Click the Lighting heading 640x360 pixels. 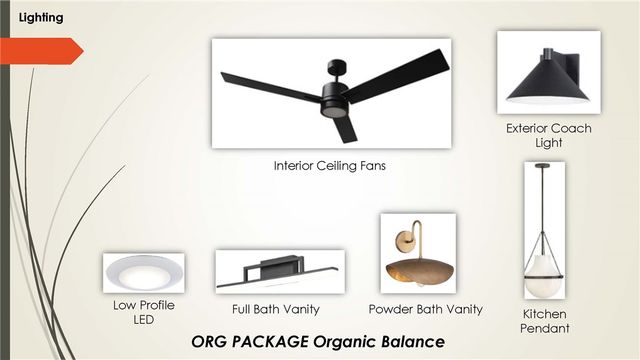pyautogui.click(x=41, y=18)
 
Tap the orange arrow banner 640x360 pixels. pyautogui.click(x=41, y=51)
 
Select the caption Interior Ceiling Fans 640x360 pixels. pyautogui.click(x=329, y=166)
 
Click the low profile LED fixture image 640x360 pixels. pyautogui.click(x=144, y=273)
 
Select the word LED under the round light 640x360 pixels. pyautogui.click(x=144, y=320)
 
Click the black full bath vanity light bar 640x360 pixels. pyautogui.click(x=278, y=273)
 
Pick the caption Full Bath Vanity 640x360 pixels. pyautogui.click(x=276, y=309)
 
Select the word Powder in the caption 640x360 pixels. pyautogui.click(x=388, y=309)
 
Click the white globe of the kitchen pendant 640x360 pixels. pyautogui.click(x=544, y=276)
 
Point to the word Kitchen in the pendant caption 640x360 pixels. pyautogui.click(x=544, y=314)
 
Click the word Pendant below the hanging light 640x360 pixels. pyautogui.click(x=544, y=328)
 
